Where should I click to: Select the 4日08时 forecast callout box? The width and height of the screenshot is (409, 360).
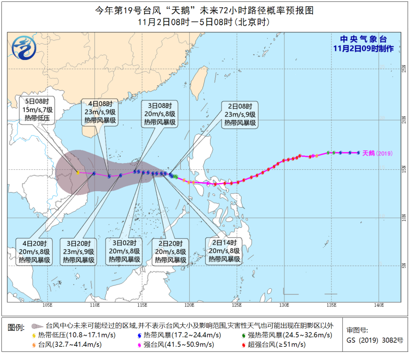(99, 113)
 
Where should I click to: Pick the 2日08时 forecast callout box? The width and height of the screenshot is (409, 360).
(240, 114)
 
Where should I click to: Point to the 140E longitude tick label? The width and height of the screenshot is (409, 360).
(379, 305)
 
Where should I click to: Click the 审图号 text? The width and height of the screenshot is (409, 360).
(357, 330)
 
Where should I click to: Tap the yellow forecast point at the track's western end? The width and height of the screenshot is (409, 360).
(78, 172)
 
